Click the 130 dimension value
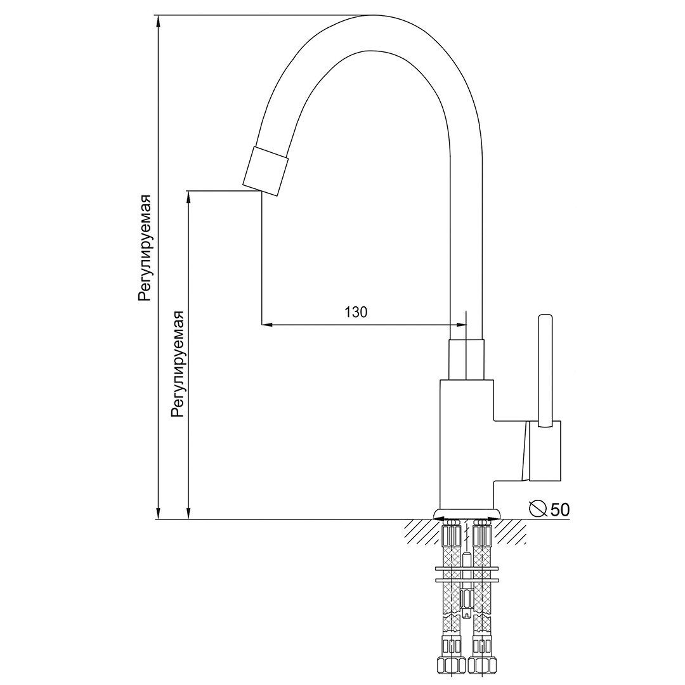click(356, 312)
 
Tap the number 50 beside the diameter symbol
click(560, 509)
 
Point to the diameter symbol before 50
click(538, 508)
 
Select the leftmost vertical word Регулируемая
click(145, 248)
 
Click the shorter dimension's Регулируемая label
click(178, 364)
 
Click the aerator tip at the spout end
click(266, 171)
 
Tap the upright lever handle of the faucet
click(545, 370)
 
